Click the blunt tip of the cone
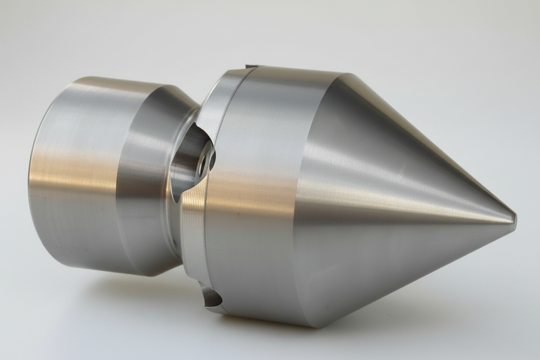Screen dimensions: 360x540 pyautogui.click(x=514, y=218)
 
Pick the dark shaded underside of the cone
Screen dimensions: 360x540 pyautogui.click(x=405, y=270)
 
